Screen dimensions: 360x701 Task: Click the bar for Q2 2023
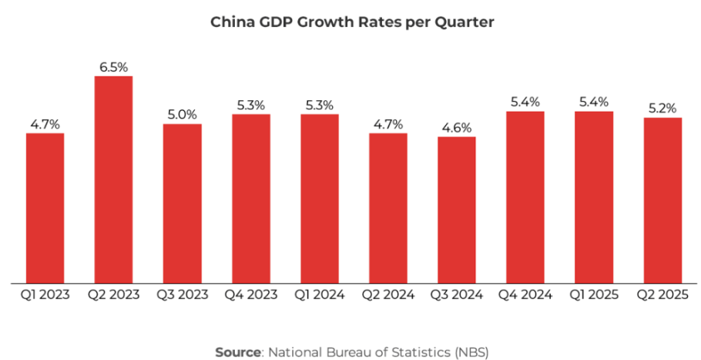(x=113, y=179)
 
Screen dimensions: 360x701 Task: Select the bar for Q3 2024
(x=457, y=210)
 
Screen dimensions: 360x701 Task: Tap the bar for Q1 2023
(x=45, y=207)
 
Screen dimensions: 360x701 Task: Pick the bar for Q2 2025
(x=662, y=200)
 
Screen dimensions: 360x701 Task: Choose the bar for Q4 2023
(x=250, y=198)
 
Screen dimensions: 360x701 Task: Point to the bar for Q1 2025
(x=594, y=197)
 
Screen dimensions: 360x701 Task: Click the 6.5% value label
(x=113, y=67)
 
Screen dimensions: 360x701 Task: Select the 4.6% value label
(x=457, y=128)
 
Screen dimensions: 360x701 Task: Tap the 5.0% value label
(x=182, y=115)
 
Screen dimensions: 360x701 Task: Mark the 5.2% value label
(x=662, y=109)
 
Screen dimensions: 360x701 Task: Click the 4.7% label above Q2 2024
(x=388, y=124)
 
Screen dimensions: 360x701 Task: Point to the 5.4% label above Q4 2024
(x=525, y=102)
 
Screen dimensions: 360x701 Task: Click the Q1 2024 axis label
(x=319, y=294)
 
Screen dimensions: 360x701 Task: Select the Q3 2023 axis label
(x=182, y=294)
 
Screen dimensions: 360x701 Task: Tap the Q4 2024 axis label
(x=525, y=294)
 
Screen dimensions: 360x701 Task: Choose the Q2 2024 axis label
(x=388, y=294)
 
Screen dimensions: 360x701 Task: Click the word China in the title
(x=231, y=22)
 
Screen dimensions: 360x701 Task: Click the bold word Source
(x=237, y=352)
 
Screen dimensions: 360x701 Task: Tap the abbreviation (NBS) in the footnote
(x=468, y=352)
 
